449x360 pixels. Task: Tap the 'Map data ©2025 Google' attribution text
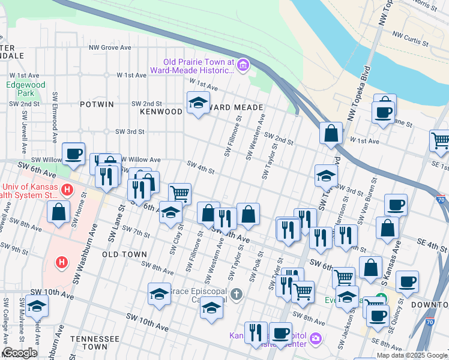[x=412, y=355]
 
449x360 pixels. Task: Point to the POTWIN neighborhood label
[x=97, y=104]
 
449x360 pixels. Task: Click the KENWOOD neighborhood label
[x=161, y=112]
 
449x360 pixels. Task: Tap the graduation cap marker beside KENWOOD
[x=198, y=104]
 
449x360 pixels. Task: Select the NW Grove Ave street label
[x=110, y=47]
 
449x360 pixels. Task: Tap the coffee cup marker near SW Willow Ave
[x=73, y=153]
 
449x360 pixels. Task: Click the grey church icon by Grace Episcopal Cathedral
[x=237, y=294]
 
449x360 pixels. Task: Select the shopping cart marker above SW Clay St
[x=179, y=193]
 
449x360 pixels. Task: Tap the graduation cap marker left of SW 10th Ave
[x=37, y=306]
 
